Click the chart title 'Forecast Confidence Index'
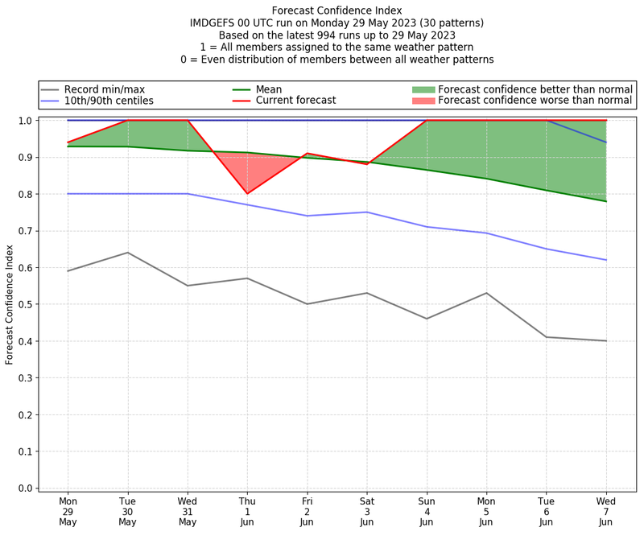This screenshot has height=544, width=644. [336, 10]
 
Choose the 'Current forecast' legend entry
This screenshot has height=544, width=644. [295, 101]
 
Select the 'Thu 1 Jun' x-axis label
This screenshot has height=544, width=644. [247, 511]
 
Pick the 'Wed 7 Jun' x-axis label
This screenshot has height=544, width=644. [605, 511]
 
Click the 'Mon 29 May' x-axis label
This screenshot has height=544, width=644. [68, 511]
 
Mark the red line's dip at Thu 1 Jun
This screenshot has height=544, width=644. [247, 193]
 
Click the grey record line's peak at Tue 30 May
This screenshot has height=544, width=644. [128, 253]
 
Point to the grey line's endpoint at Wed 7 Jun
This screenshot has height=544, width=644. [605, 340]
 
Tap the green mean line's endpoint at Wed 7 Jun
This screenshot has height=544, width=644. [605, 201]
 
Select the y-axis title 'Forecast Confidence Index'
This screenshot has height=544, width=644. [10, 304]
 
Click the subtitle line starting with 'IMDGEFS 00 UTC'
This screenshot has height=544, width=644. [336, 23]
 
